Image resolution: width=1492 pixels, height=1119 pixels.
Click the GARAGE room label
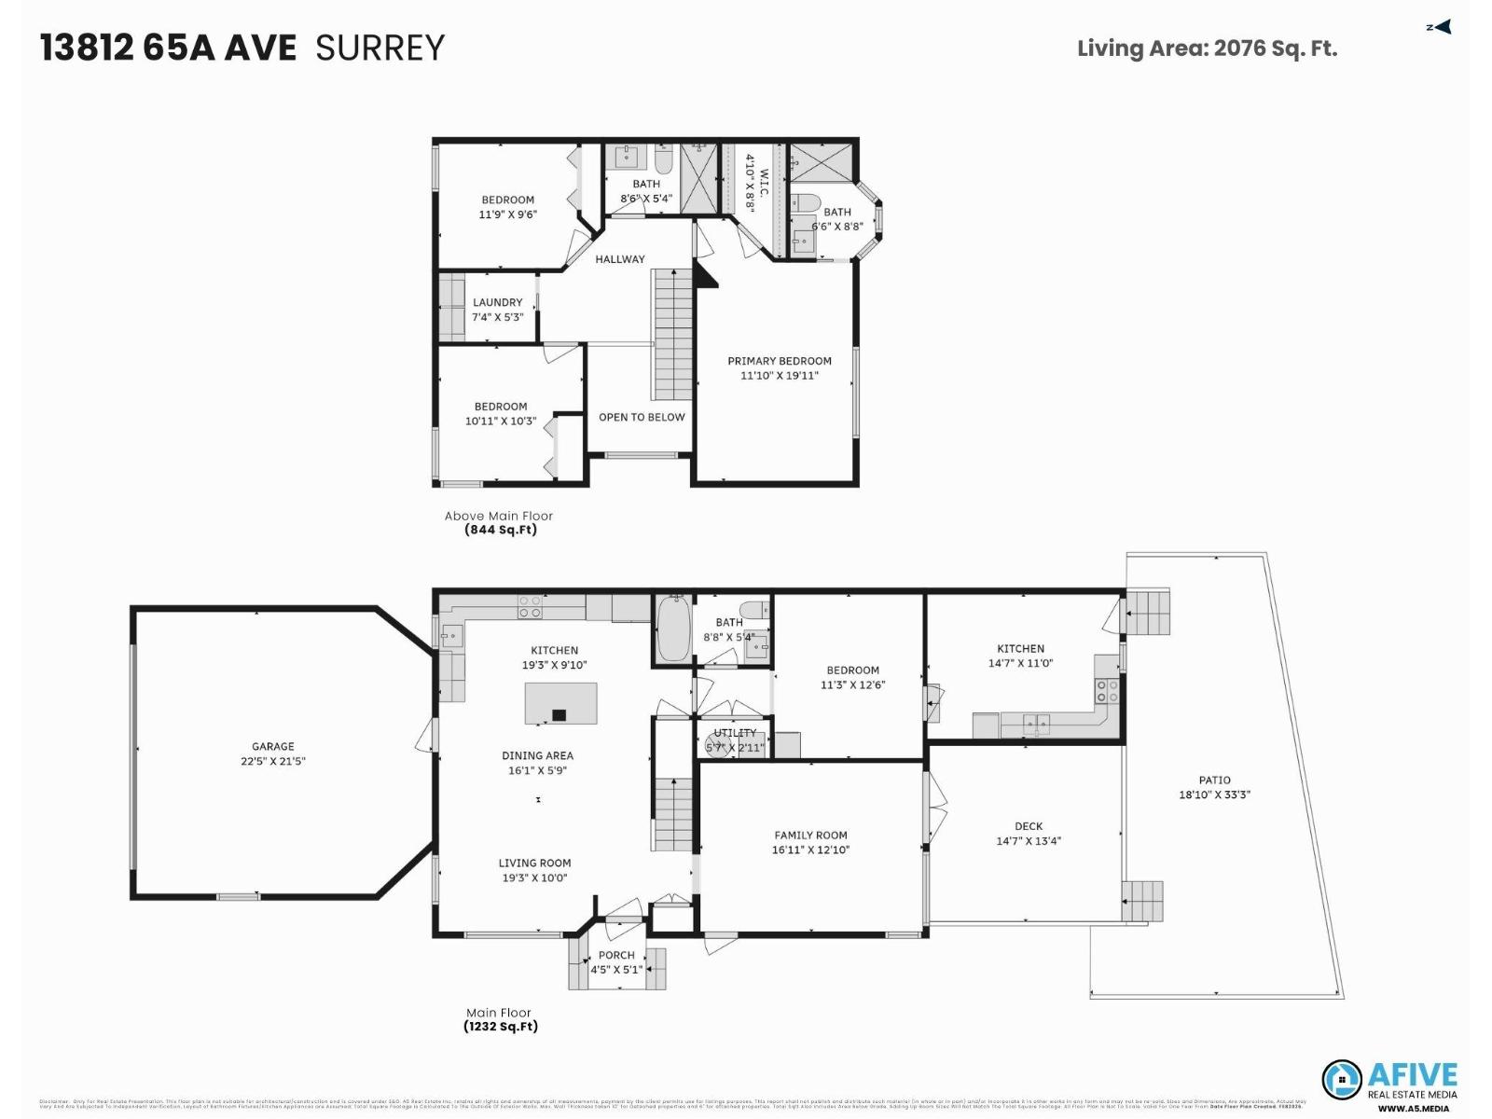click(272, 746)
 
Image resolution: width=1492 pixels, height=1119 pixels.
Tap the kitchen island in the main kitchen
click(560, 703)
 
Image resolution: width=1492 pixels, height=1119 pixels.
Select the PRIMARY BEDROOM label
click(780, 361)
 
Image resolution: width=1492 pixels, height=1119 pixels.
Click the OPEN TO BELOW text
click(642, 417)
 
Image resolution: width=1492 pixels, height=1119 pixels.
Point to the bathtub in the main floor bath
click(672, 629)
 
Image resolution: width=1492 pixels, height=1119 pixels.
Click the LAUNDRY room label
click(497, 302)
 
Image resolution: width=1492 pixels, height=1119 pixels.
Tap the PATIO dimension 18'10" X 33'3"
click(1214, 795)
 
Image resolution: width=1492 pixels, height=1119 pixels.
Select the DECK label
click(1029, 826)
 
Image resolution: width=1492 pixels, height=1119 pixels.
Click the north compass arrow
click(1441, 27)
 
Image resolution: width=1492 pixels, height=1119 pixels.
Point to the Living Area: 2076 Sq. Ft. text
click(1207, 48)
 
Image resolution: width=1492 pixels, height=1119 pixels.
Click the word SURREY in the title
click(380, 48)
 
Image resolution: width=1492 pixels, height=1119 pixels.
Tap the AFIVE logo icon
click(1342, 1080)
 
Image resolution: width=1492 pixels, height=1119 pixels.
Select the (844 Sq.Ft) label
click(501, 530)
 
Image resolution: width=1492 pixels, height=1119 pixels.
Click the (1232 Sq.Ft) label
click(501, 1027)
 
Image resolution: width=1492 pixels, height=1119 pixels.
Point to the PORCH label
click(616, 955)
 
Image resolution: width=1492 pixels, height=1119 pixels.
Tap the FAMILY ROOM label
click(810, 836)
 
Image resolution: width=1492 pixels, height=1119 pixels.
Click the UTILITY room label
click(735, 733)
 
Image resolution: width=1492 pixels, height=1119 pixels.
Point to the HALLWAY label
click(620, 259)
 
